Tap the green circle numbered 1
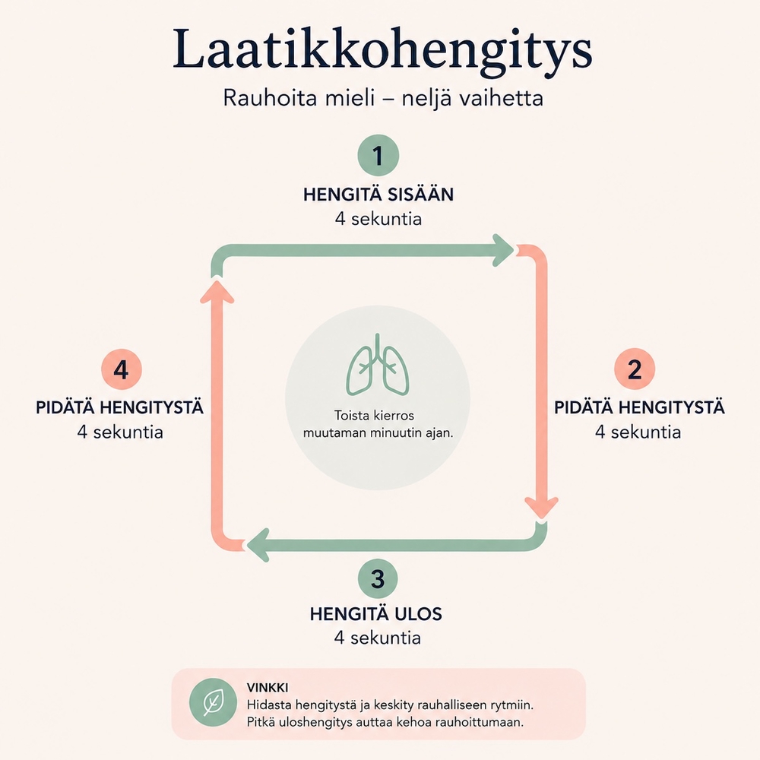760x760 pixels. [x=378, y=156]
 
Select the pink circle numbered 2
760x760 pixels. [x=635, y=369]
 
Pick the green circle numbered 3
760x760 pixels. [x=378, y=578]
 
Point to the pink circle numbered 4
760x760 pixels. [x=121, y=369]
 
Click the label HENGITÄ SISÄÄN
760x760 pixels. [x=378, y=195]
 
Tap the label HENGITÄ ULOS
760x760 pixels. [x=376, y=614]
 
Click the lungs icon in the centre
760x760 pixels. [x=378, y=364]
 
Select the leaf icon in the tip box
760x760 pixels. [x=214, y=702]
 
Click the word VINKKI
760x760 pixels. [x=268, y=687]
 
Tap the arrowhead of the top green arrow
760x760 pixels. [x=502, y=250]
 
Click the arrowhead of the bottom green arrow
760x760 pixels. [x=258, y=545]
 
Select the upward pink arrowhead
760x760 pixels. [x=217, y=292]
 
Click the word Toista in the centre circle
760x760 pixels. [x=350, y=416]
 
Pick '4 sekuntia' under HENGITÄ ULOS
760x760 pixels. [x=378, y=638]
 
